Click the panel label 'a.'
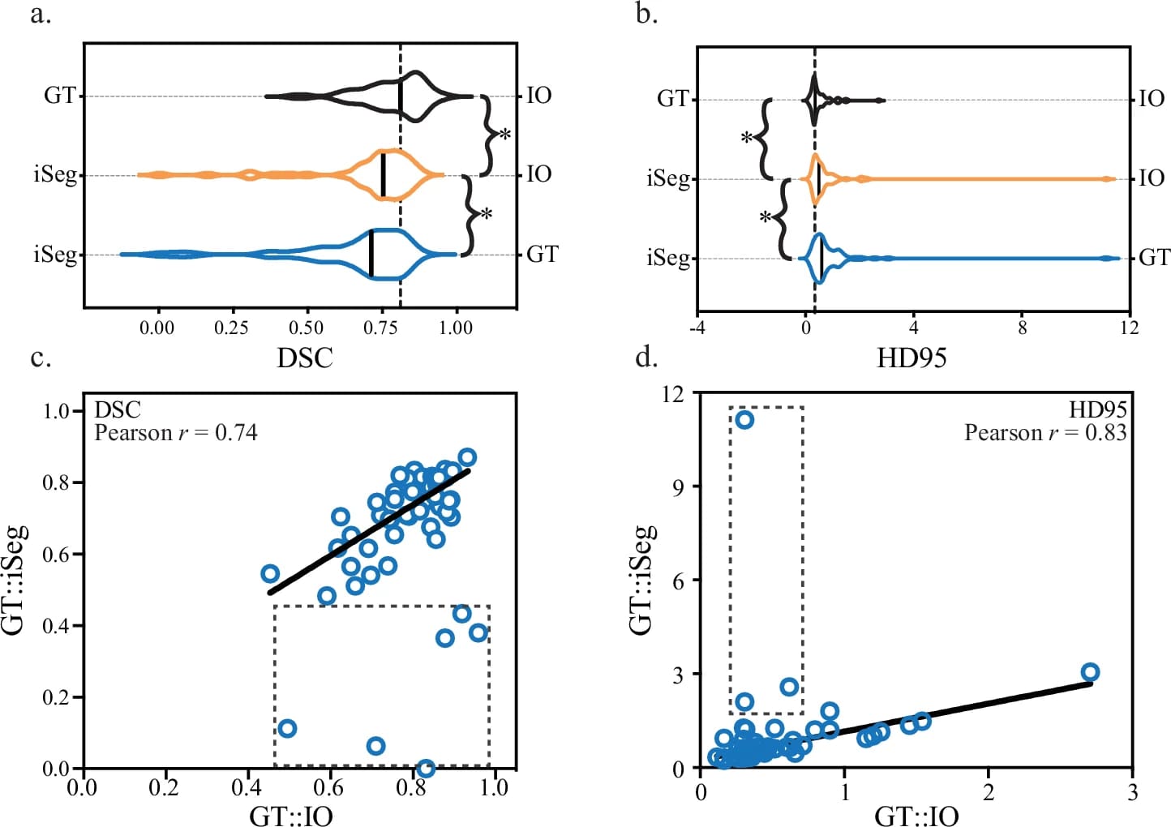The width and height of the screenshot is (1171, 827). pyautogui.click(x=40, y=15)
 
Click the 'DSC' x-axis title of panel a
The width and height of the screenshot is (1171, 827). pyautogui.click(x=305, y=358)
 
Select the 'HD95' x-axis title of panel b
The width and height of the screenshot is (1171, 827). pyautogui.click(x=911, y=358)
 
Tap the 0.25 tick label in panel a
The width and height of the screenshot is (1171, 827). pyautogui.click(x=231, y=328)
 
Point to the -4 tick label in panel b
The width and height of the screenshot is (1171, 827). pyautogui.click(x=697, y=328)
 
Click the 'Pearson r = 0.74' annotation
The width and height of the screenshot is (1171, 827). pyautogui.click(x=176, y=433)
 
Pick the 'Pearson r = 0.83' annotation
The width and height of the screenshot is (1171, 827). pyautogui.click(x=1045, y=433)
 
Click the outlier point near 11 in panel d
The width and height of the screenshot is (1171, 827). pyautogui.click(x=744, y=419)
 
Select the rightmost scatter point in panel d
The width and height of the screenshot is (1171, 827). pyautogui.click(x=1090, y=672)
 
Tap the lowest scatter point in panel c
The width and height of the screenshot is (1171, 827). pyautogui.click(x=425, y=767)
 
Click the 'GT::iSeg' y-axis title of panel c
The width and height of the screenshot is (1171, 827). pyautogui.click(x=16, y=579)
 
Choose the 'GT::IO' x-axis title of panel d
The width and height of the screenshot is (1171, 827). pyautogui.click(x=916, y=815)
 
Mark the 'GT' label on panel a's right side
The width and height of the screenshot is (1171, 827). pyautogui.click(x=542, y=254)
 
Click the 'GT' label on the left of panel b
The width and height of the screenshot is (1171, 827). pyautogui.click(x=672, y=99)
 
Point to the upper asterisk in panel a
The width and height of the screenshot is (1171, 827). pyautogui.click(x=504, y=135)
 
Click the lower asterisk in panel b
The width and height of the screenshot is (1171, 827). pyautogui.click(x=764, y=217)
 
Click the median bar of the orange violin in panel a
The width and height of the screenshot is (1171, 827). pyautogui.click(x=383, y=175)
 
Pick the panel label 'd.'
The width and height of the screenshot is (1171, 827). pyautogui.click(x=646, y=357)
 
